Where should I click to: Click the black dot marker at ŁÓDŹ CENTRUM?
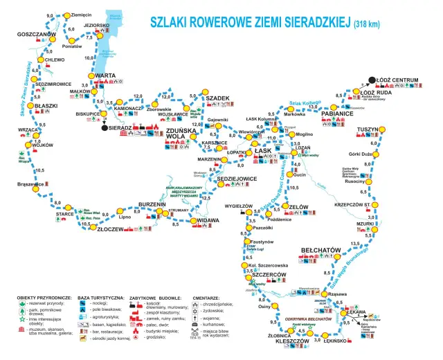pos(372,80)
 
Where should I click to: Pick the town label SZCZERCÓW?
pos(269,276)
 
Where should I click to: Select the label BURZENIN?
pos(152,204)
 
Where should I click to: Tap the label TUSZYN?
pos(367,130)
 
